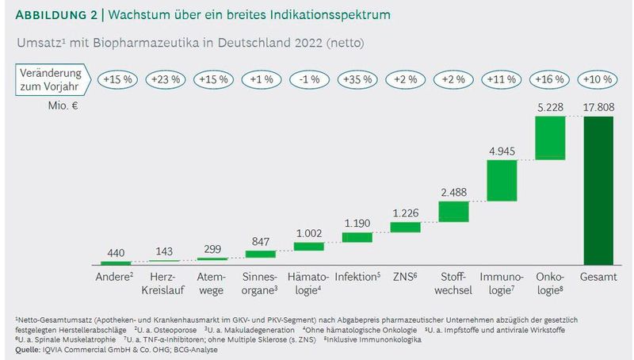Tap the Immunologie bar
(501, 180)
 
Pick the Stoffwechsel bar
(453, 212)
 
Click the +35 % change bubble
(357, 80)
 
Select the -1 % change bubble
(308, 80)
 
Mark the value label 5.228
(549, 107)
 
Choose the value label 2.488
(453, 192)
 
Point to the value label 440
(116, 252)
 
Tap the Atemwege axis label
(212, 283)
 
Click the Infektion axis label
(358, 277)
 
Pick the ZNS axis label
(406, 277)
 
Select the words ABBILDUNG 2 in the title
(56, 15)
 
